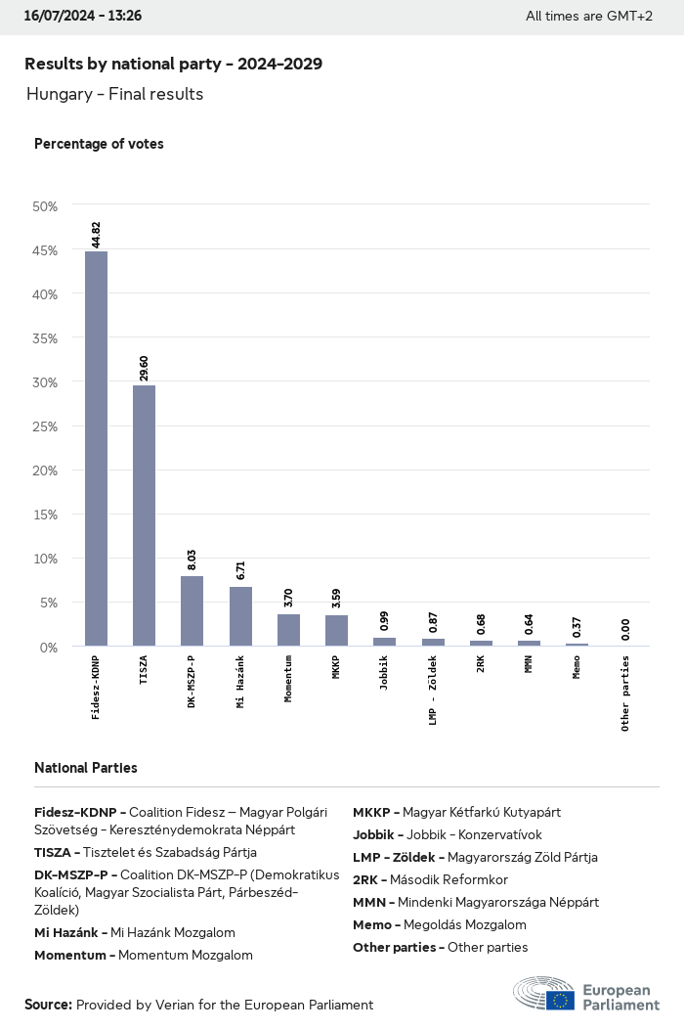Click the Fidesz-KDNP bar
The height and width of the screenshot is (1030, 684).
(x=96, y=449)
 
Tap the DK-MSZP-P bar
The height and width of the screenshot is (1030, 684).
(x=192, y=610)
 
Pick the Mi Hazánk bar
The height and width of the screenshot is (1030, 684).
(x=240, y=616)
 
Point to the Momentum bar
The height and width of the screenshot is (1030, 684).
(x=288, y=630)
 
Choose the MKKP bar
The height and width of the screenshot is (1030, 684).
(x=336, y=630)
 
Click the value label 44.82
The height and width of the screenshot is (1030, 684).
(x=96, y=236)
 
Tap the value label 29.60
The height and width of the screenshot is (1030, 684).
(x=144, y=369)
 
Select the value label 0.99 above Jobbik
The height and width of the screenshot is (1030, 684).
(x=384, y=622)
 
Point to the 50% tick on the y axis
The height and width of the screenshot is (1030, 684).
(x=45, y=206)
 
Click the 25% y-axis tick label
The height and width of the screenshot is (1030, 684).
(x=45, y=426)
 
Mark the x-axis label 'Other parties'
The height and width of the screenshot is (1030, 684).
(x=625, y=694)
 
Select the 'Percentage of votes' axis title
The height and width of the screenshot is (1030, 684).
(x=99, y=144)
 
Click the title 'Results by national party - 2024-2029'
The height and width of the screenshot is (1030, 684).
(x=173, y=64)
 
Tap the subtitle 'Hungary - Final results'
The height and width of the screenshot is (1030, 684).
(x=114, y=94)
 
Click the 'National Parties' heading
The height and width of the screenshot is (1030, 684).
(x=85, y=768)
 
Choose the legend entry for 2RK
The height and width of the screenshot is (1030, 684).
(x=430, y=879)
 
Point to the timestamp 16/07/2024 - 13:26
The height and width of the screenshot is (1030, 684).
(x=82, y=16)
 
